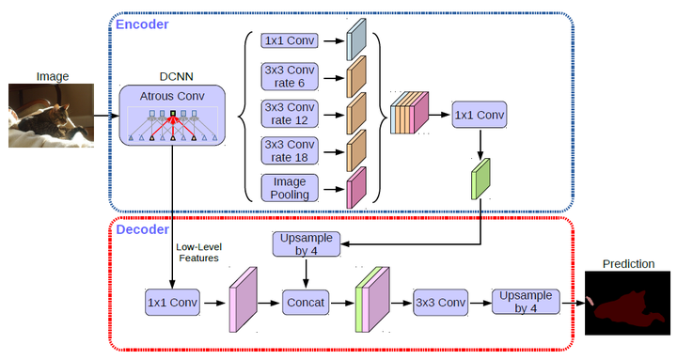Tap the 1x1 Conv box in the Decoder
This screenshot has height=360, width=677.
pos(172,303)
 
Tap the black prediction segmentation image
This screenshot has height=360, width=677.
pos(628,304)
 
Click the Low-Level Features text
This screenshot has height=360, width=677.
pos(197,252)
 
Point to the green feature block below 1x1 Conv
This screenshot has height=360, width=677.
pos(481,179)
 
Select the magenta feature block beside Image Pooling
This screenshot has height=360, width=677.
pos(355,186)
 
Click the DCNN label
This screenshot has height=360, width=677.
pos(171,76)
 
